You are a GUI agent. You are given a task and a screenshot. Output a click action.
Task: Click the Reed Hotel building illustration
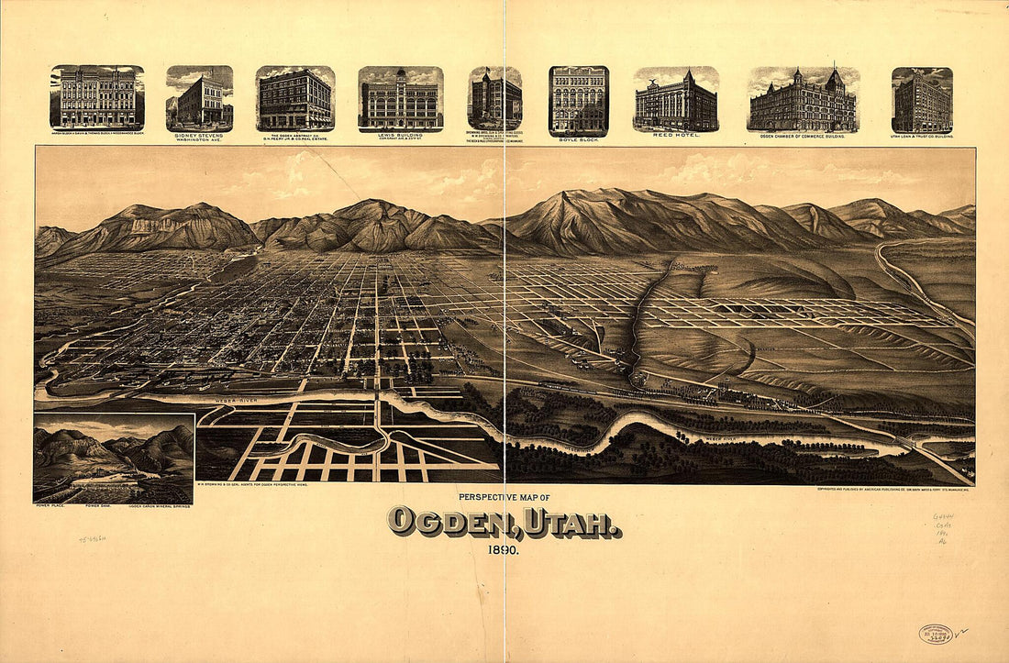coord(676,100)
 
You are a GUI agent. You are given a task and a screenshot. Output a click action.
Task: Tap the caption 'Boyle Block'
coord(578,139)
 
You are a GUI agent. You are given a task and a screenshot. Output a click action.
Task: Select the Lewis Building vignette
coord(401,99)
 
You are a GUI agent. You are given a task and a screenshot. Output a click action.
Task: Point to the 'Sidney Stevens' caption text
coord(199,135)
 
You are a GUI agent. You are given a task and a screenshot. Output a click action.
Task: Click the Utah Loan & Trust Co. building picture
coord(922,100)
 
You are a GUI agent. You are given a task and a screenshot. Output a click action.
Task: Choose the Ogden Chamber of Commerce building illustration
coord(804,100)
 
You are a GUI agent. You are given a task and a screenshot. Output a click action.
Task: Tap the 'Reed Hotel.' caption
coord(676,135)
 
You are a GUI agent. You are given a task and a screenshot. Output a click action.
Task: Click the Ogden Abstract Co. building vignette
coord(294,98)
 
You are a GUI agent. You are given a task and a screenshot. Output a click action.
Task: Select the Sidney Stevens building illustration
coord(199,98)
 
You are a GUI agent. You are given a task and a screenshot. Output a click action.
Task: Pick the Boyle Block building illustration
coord(578,100)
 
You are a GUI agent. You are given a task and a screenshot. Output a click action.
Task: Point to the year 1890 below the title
coord(503,551)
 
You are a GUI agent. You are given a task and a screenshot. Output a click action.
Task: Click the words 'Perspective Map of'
coord(504,497)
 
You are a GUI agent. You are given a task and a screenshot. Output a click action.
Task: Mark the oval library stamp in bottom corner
coord(936,634)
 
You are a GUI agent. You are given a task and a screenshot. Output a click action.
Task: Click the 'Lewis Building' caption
coord(400,135)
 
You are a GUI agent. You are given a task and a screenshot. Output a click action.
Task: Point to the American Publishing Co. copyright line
coord(894,489)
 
